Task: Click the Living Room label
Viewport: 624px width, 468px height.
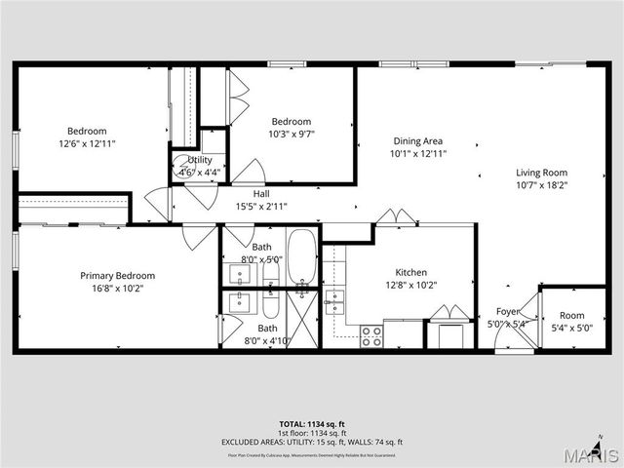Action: point(541,173)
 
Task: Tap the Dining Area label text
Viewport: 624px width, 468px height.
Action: point(418,140)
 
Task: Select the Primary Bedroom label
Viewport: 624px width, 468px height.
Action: point(117,276)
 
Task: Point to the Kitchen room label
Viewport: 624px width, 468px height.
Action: point(410,273)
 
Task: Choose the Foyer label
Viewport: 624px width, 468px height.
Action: point(507,312)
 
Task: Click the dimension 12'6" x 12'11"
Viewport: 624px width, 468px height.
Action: point(87,143)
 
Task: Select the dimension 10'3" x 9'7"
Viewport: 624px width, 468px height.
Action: point(291,135)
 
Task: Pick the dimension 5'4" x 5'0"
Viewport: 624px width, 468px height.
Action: point(571,328)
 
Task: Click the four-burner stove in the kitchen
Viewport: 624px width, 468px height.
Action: point(371,336)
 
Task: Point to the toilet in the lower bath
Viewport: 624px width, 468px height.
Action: point(270,305)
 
